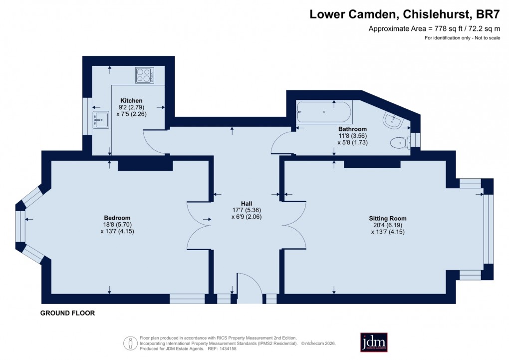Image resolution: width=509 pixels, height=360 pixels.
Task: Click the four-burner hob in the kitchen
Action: [144, 75]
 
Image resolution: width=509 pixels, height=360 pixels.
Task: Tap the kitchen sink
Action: [101, 119]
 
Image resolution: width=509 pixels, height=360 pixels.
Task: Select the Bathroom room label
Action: [352, 128]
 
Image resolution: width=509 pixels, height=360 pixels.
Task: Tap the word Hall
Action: [246, 204]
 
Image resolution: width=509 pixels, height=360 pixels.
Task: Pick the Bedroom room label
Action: [117, 218]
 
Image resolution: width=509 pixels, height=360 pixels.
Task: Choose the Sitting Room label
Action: [387, 218]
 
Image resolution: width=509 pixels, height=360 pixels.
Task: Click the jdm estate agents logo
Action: [374, 343]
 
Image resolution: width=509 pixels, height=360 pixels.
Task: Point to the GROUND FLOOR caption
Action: [68, 314]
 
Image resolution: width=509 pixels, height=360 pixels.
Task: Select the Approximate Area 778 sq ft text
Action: [434, 29]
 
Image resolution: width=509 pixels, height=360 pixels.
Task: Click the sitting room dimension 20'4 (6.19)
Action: [387, 225]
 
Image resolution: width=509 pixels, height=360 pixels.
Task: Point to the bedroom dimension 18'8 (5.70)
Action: [117, 225]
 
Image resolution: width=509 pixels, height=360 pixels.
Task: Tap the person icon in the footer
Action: [130, 343]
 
